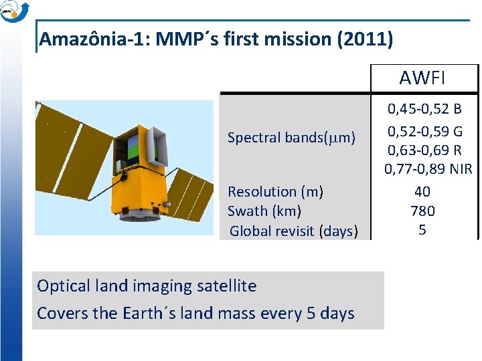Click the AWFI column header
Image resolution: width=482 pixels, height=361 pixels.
(x=422, y=78)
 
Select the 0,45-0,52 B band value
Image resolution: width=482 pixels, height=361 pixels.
(x=424, y=109)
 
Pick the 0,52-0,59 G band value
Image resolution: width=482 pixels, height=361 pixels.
(x=425, y=132)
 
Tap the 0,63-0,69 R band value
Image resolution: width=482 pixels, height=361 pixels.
(x=424, y=150)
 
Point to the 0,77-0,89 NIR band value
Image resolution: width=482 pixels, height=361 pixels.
(x=428, y=169)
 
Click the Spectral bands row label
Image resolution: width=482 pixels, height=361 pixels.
(x=291, y=138)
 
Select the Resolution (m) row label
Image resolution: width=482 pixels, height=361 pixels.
(x=275, y=192)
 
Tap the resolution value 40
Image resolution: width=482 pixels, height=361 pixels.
(x=422, y=192)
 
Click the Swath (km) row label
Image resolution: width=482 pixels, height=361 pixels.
(x=264, y=211)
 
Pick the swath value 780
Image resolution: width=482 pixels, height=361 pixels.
(x=422, y=211)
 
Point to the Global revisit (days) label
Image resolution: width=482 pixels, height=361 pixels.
(x=294, y=231)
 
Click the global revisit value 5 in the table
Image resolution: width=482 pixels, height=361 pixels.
(x=422, y=229)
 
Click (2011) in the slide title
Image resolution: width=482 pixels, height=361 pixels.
(x=366, y=39)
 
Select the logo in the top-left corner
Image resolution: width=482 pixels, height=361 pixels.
(x=14, y=11)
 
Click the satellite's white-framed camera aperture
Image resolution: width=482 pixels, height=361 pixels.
(x=156, y=147)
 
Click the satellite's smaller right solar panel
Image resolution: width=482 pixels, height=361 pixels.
(x=189, y=194)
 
